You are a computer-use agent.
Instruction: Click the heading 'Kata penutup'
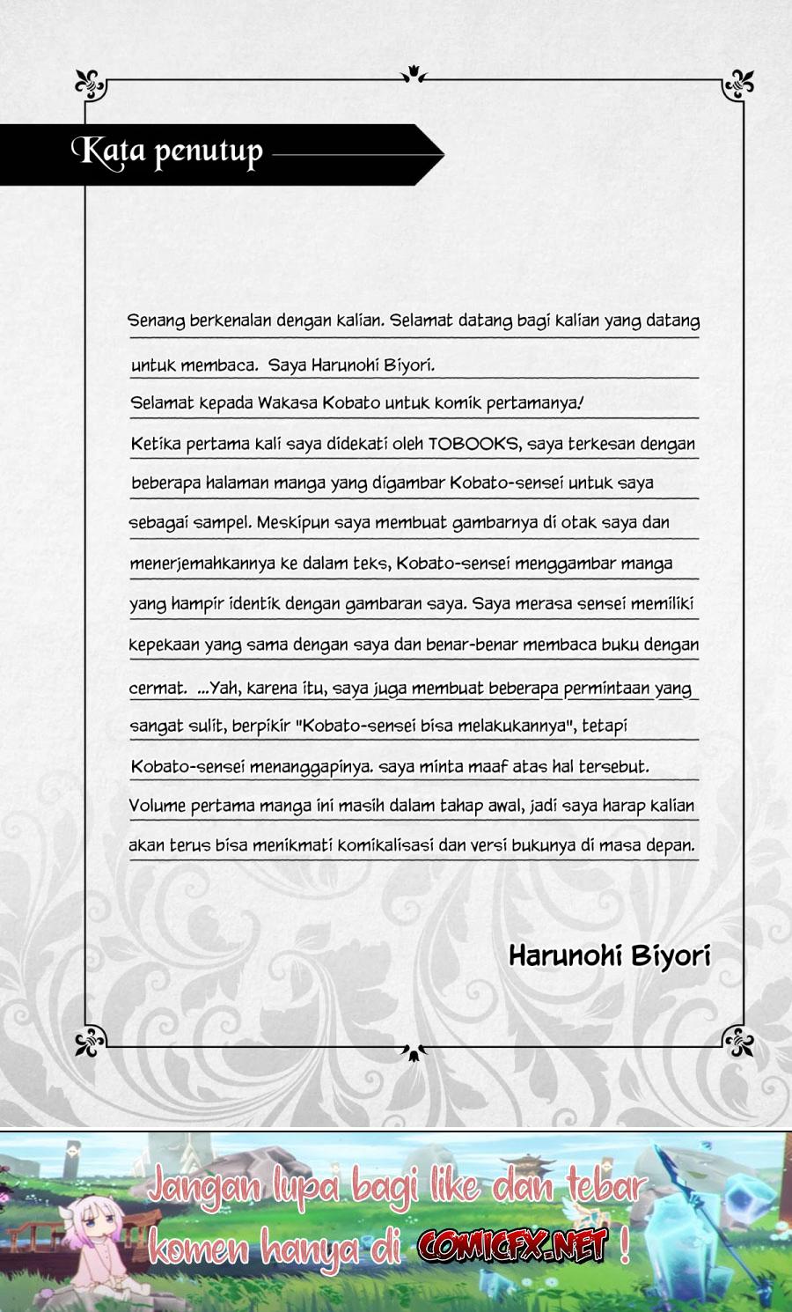[x=167, y=152]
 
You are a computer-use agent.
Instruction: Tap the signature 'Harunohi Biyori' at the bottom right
[x=609, y=955]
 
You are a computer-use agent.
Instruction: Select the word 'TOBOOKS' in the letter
[x=473, y=444]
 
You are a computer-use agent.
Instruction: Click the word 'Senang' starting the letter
[x=157, y=321]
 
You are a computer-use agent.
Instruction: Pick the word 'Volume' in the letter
[x=157, y=805]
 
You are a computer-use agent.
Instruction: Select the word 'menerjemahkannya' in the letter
[x=202, y=564]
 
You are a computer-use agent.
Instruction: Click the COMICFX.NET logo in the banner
[x=513, y=1245]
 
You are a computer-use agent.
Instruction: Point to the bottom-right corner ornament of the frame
[x=738, y=1042]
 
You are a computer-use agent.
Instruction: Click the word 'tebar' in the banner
[x=605, y=1187]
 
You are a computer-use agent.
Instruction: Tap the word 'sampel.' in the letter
[x=222, y=523]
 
